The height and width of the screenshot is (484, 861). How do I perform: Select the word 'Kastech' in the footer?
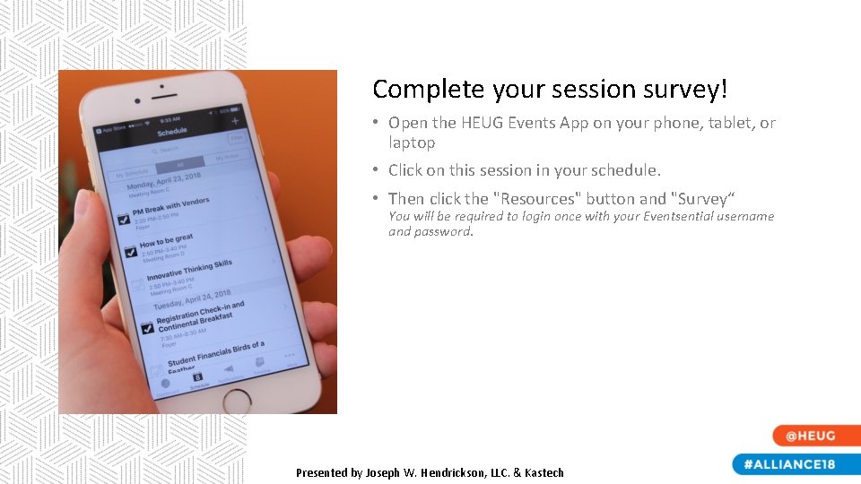click(543, 472)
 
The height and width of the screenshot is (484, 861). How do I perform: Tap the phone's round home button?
click(237, 401)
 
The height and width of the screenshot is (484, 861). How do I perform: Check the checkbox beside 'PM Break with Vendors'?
click(124, 219)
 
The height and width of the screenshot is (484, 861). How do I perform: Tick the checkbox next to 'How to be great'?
click(131, 252)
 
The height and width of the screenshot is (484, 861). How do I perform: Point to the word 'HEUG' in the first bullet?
click(482, 123)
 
